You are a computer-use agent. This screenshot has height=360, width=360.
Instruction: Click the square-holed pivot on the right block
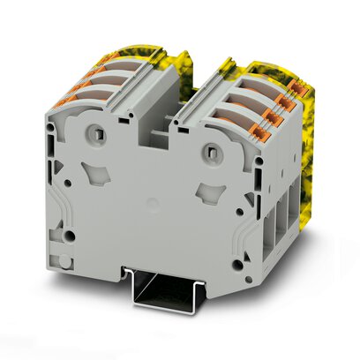212,153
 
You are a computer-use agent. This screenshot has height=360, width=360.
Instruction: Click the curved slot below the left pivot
88,172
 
